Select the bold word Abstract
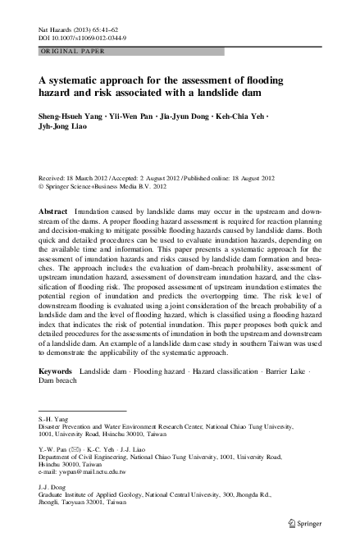53,211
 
